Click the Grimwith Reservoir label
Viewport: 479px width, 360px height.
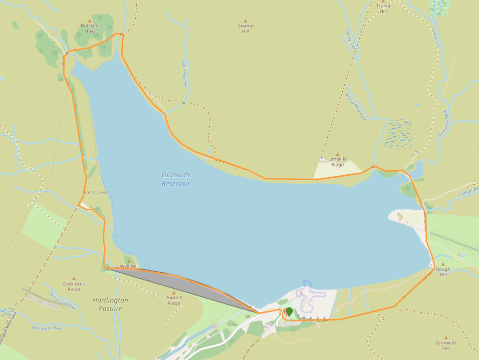(176, 179)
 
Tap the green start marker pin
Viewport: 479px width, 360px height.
(289, 312)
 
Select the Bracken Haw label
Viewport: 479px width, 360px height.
(90, 28)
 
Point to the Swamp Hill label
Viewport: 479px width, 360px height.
(245, 28)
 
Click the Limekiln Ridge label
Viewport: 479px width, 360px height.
(337, 162)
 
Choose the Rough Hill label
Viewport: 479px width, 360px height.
(443, 272)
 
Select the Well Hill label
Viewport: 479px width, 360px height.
(128, 266)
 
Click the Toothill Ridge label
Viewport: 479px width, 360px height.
(173, 301)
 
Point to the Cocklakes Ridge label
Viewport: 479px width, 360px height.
(74, 287)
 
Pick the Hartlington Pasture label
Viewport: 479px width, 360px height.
(110, 304)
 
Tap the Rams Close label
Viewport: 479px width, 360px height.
(95, 192)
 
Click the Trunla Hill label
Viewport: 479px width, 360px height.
(383, 7)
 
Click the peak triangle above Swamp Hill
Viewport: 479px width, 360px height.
(245, 20)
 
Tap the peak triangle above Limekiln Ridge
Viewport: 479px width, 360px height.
(337, 154)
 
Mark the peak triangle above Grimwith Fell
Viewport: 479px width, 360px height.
(446, 338)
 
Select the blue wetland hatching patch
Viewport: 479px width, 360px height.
(398, 134)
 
